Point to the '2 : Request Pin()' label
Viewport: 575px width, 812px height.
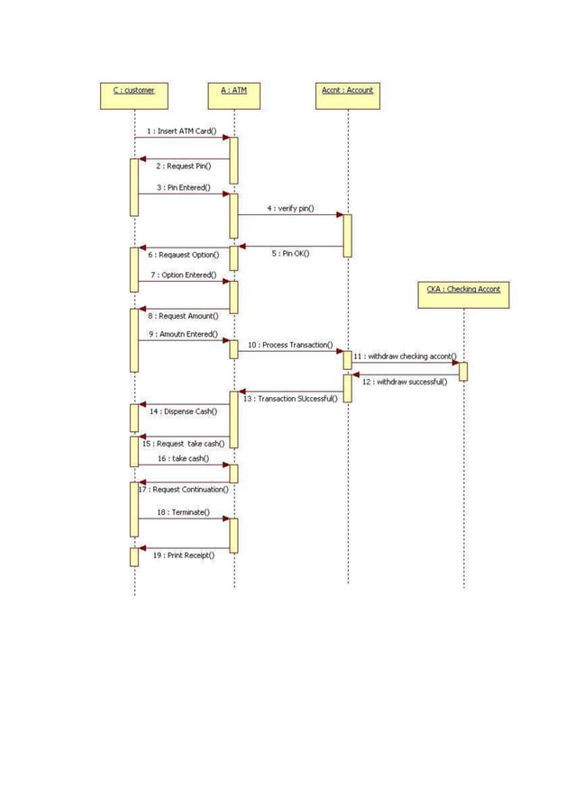183,167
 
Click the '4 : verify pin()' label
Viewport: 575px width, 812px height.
290,208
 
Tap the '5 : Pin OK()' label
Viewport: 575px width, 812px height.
290,253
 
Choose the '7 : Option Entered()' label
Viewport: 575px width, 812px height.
183,275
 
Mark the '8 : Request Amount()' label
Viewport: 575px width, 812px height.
182,317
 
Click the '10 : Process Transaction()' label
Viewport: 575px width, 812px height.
290,345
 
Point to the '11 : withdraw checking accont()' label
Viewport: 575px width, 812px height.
405,356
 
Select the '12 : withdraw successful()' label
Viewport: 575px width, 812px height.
405,382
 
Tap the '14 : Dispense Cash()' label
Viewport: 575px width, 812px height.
183,411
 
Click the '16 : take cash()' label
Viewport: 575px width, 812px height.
183,458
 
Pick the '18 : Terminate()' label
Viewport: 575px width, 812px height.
183,512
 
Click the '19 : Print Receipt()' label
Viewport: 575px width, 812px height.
183,555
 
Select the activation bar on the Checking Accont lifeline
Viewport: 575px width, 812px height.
463,371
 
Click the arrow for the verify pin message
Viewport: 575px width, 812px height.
290,214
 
